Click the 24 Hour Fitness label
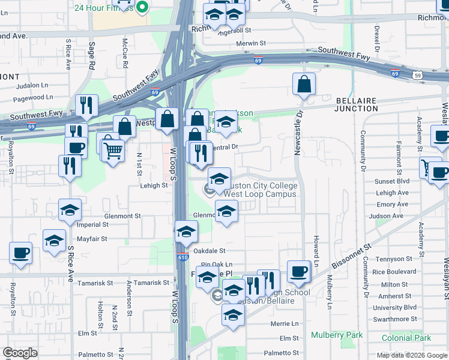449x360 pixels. pyautogui.click(x=104, y=7)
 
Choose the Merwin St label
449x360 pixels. pyautogui.click(x=251, y=43)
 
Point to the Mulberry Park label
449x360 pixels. pyautogui.click(x=328, y=335)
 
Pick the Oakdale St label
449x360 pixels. pyautogui.click(x=209, y=251)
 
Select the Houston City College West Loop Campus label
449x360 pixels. pyautogui.click(x=259, y=190)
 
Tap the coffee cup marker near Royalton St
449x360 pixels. pyautogui.click(x=20, y=253)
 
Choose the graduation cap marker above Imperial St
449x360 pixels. pyautogui.click(x=70, y=211)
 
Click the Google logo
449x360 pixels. pyautogui.click(x=20, y=353)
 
